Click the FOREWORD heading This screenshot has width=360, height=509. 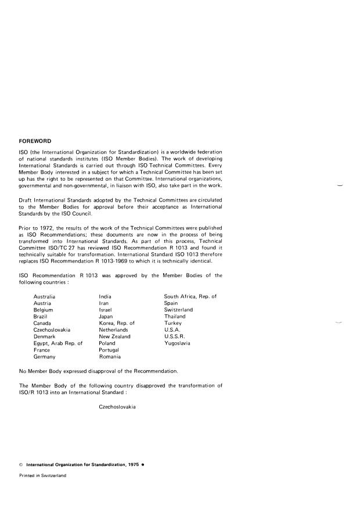click(x=36, y=141)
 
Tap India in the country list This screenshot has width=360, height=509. click(x=105, y=297)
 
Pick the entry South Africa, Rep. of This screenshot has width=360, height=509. click(x=190, y=297)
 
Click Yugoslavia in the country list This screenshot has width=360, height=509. click(x=177, y=343)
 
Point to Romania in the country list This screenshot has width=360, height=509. click(x=110, y=357)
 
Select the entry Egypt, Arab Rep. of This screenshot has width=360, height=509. click(x=58, y=343)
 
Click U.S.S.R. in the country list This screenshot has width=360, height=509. click(x=175, y=337)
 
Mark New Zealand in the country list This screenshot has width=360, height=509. click(x=114, y=337)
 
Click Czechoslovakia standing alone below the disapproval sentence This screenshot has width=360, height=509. click(x=117, y=407)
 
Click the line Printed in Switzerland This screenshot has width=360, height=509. click(x=42, y=476)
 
